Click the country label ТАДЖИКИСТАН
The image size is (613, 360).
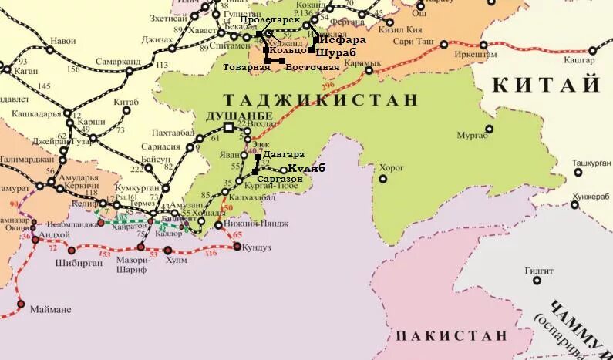pos(320,99)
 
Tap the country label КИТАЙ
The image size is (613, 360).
pos(546,84)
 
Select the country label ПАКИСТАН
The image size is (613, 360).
pos(451,335)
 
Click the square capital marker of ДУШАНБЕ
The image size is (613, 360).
pos(228,128)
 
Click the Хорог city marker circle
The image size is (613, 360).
pos(383,179)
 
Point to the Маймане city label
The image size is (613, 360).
pos(51,309)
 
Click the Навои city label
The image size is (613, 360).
pos(63,40)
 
